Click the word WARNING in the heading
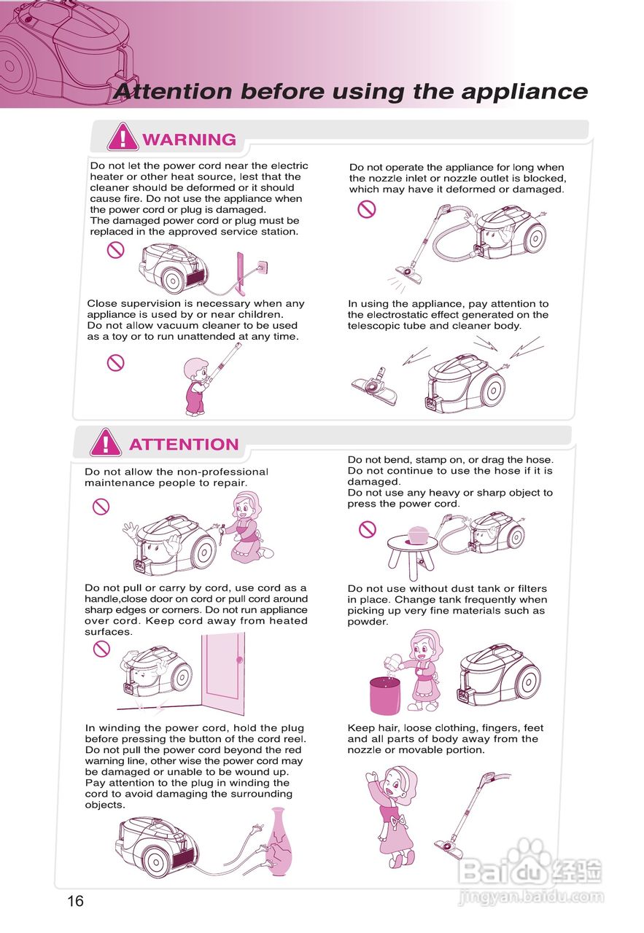pos(189,139)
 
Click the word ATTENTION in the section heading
pos(184,444)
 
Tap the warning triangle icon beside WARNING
pos(123,136)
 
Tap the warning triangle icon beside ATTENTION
pos(106,442)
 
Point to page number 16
pos(75,901)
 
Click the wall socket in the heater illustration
pos(262,266)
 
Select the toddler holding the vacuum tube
pos(196,386)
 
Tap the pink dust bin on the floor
pos(385,695)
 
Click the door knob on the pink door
pos(240,660)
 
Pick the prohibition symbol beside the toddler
pos(115,362)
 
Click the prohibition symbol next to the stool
pos(368,529)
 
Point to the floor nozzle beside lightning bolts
pos(374,386)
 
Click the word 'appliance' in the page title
pos(524,92)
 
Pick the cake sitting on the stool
pos(417,535)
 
